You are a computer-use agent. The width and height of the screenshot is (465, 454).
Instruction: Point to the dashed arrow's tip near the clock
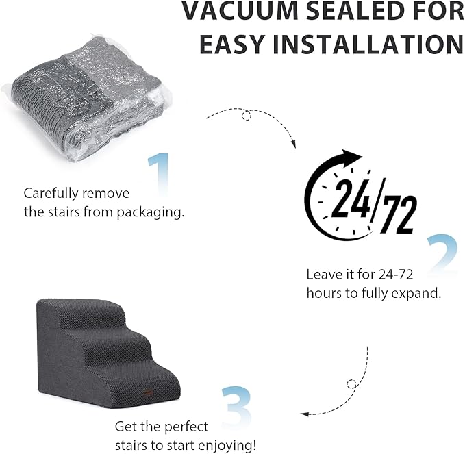[294, 144]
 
